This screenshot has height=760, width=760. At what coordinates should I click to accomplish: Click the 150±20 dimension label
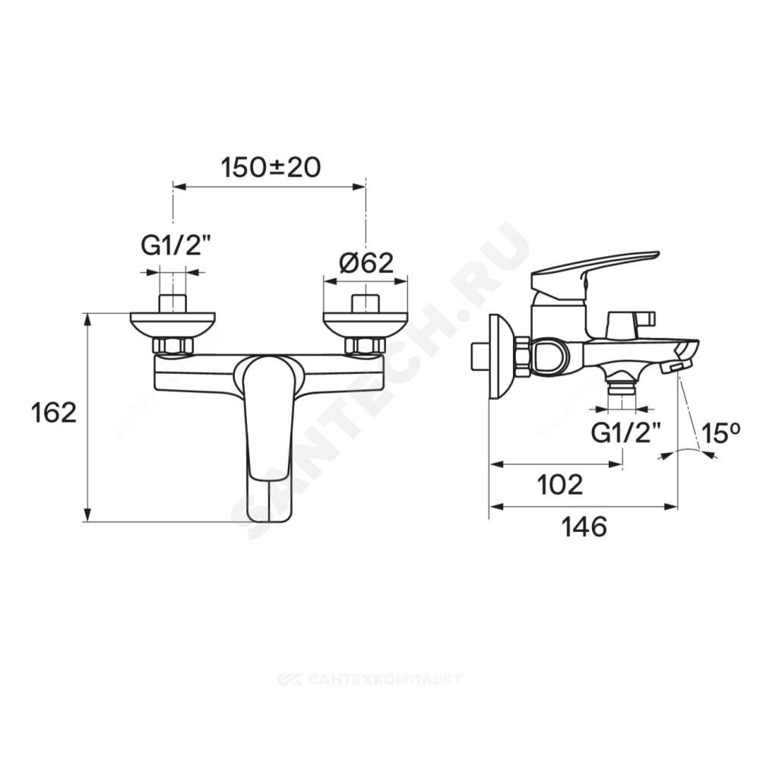[271, 168]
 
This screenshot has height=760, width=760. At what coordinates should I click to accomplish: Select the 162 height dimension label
[54, 413]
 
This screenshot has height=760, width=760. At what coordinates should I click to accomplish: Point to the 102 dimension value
[560, 484]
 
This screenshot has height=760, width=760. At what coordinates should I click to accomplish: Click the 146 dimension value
[584, 527]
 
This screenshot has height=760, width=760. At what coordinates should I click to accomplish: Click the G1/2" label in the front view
[172, 247]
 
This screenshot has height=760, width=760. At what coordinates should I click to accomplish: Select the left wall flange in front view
[173, 325]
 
